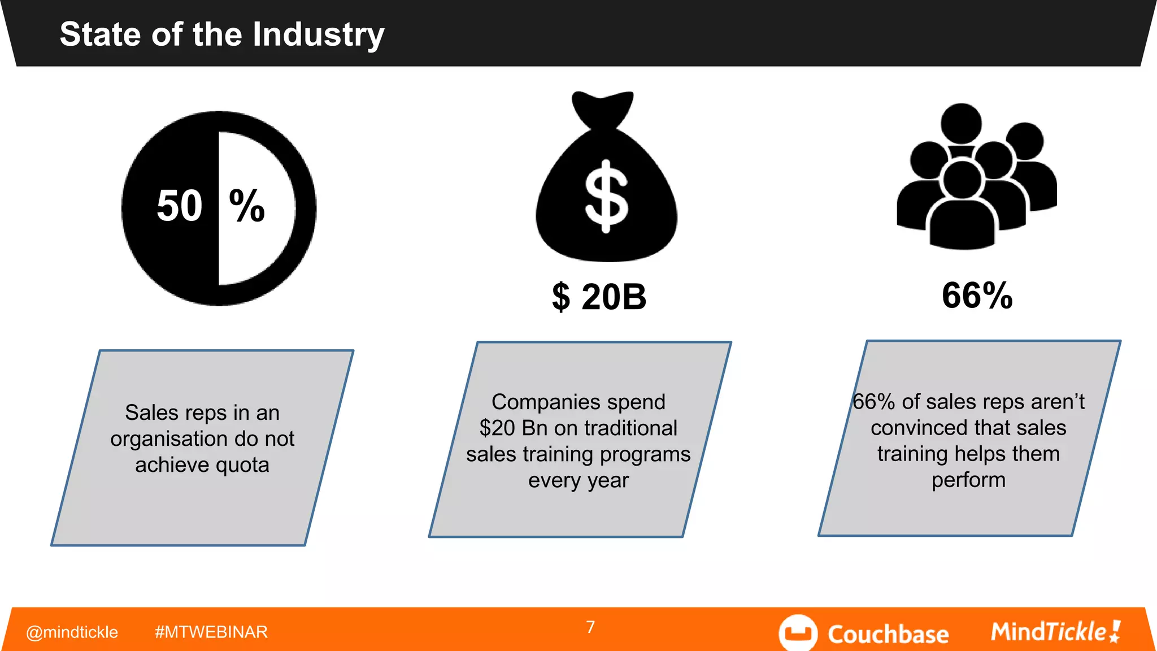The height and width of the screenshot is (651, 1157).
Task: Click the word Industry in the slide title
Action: tap(318, 35)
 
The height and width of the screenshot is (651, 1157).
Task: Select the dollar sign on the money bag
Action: tap(606, 196)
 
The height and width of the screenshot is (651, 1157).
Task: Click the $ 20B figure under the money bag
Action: tap(599, 297)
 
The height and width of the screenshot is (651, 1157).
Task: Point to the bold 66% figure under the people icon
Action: tap(977, 295)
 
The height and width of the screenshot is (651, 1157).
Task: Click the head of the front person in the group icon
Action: tap(962, 180)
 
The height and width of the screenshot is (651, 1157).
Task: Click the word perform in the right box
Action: tap(968, 480)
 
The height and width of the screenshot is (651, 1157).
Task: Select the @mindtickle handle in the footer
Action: tap(72, 632)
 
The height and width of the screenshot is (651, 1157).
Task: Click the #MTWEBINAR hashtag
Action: tap(211, 632)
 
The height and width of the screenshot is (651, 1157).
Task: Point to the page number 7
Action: tap(590, 627)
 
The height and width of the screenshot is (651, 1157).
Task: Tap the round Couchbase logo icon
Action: tap(798, 633)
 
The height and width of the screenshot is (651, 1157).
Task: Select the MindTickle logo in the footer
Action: tap(1055, 632)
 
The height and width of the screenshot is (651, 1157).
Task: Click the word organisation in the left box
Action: tap(164, 439)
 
